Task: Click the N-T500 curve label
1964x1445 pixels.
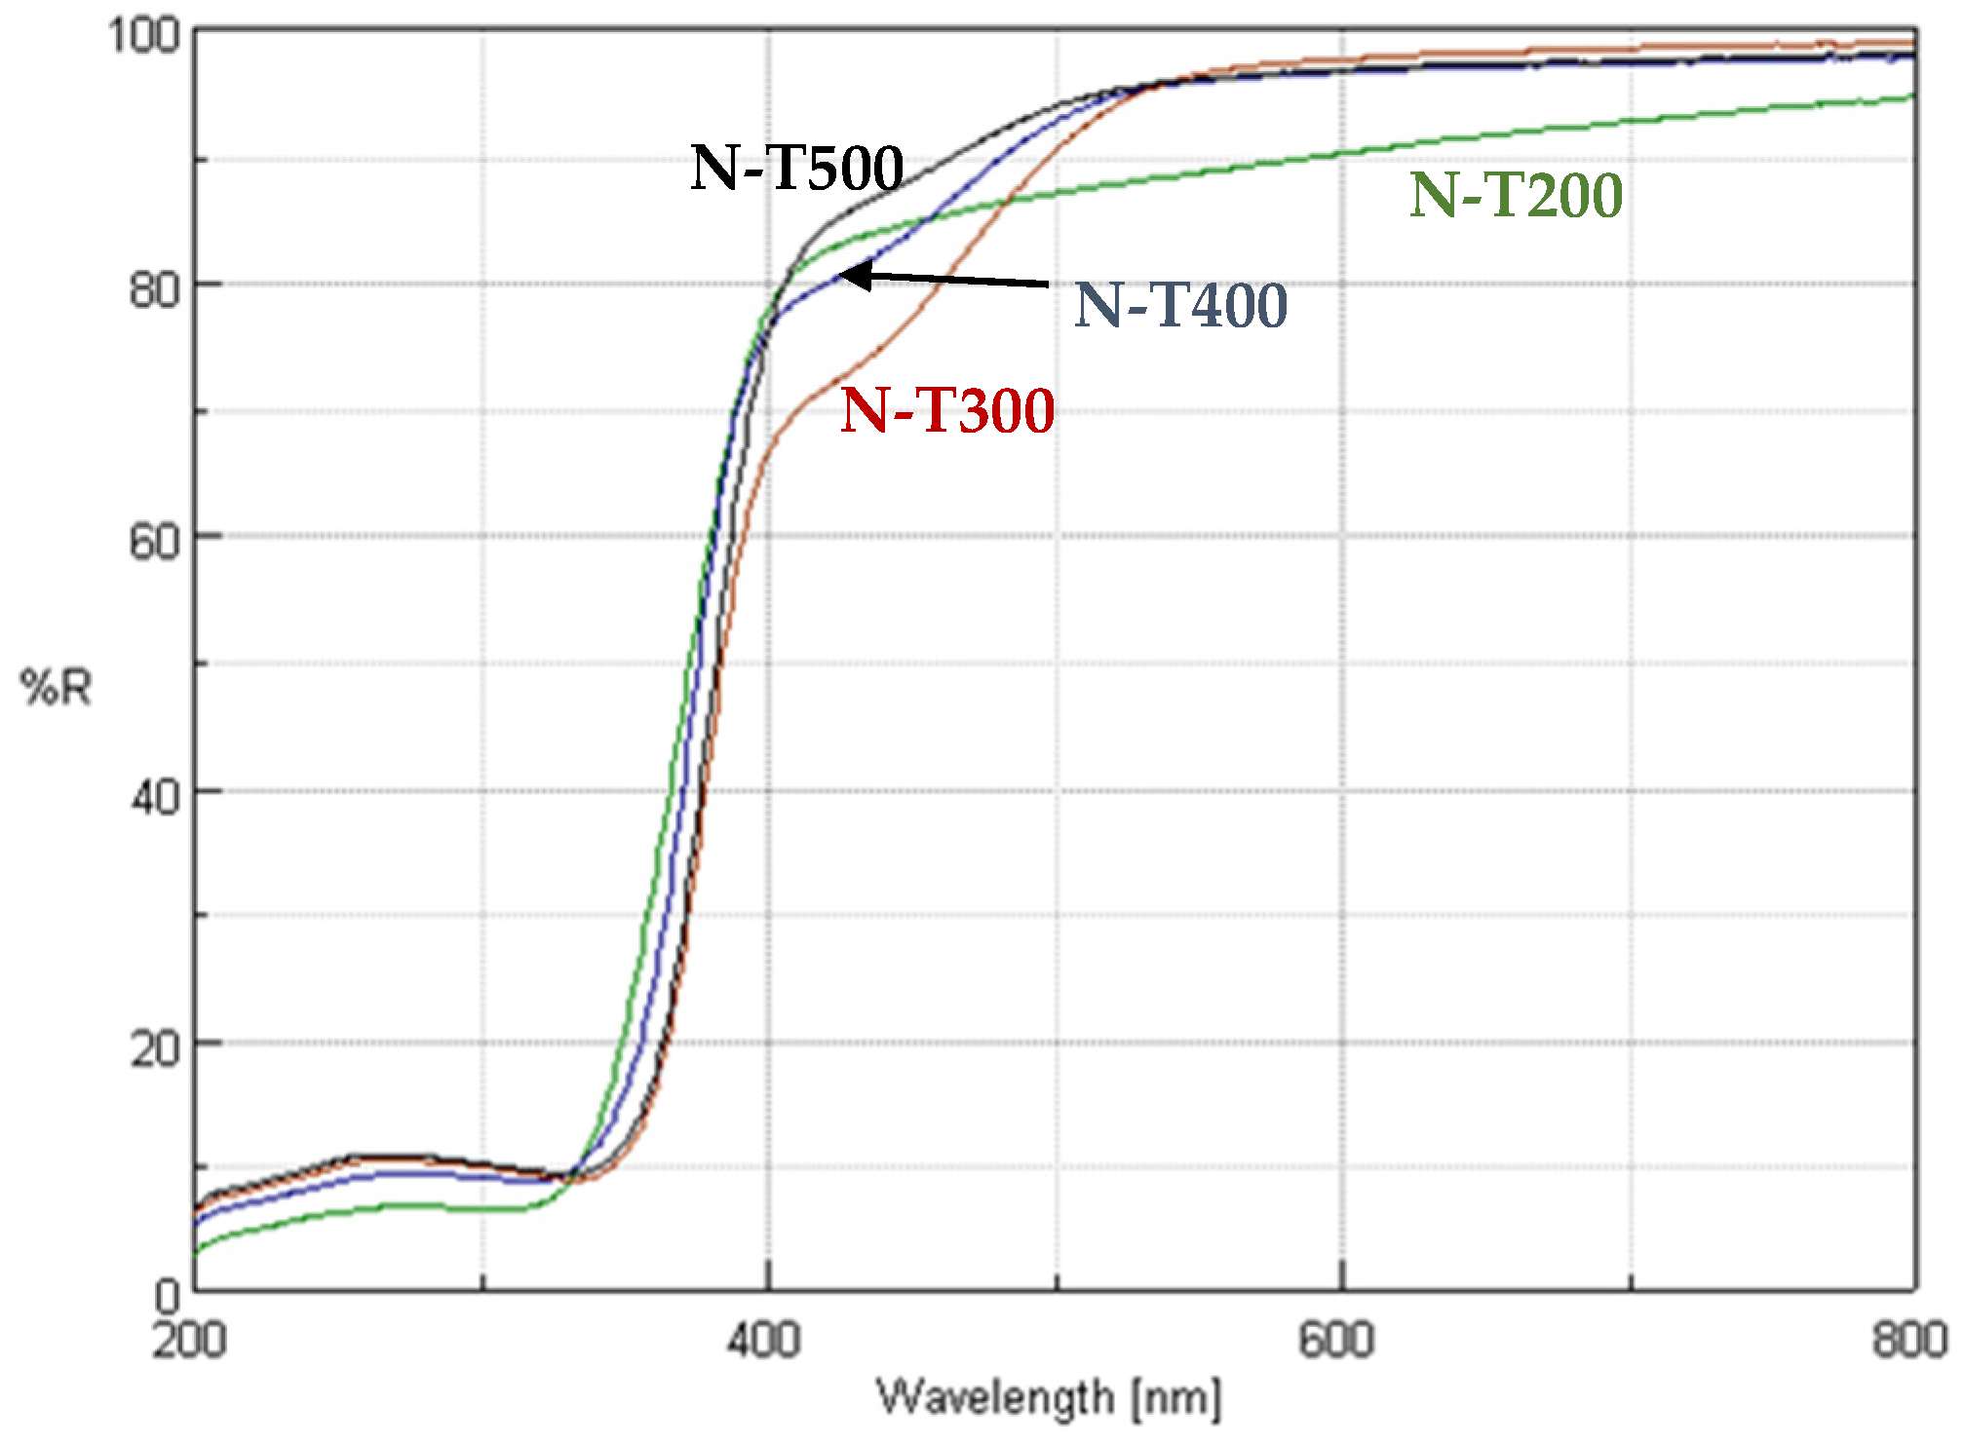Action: [x=796, y=169]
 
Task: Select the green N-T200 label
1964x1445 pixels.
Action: [x=1516, y=195]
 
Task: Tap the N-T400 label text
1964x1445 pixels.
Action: [x=1180, y=305]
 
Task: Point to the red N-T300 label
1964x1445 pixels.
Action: [x=947, y=410]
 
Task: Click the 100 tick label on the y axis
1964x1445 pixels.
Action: [x=144, y=36]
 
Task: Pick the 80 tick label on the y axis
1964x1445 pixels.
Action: [x=155, y=289]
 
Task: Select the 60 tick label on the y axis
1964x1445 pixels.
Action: [x=155, y=542]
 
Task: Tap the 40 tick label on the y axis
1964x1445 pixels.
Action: [x=155, y=797]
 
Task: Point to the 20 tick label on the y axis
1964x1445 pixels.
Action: [x=155, y=1049]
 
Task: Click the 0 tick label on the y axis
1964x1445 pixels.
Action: [x=168, y=1297]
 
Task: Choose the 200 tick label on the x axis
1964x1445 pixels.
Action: [x=190, y=1341]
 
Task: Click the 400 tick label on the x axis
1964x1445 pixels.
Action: [x=765, y=1341]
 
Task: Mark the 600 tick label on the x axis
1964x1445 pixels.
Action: [x=1337, y=1341]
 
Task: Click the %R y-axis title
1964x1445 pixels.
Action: [x=57, y=688]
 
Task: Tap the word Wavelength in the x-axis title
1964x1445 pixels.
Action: [x=995, y=1398]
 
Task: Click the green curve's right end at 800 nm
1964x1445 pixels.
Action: [x=1913, y=95]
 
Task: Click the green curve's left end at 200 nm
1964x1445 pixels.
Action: [x=197, y=1252]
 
